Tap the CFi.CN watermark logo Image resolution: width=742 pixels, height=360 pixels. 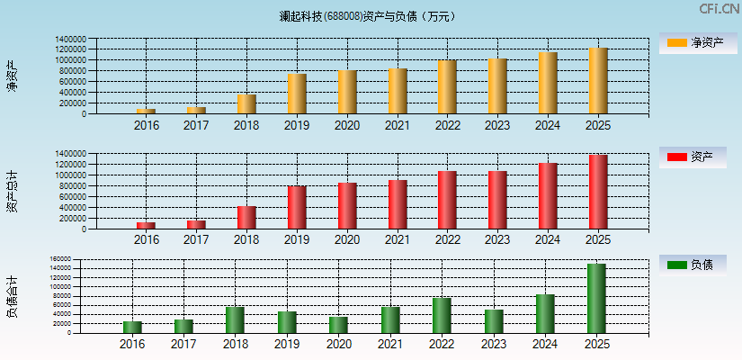[719, 9]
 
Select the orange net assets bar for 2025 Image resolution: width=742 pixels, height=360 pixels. [598, 81]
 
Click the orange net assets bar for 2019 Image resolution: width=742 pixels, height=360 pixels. [297, 94]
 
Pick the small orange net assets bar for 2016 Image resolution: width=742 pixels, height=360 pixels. [146, 112]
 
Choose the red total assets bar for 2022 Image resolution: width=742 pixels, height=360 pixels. [447, 200]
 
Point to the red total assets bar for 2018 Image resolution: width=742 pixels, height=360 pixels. [246, 218]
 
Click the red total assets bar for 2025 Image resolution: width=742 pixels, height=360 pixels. [598, 192]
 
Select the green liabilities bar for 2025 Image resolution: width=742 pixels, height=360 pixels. [596, 298]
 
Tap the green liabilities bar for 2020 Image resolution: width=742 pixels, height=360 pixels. [338, 324]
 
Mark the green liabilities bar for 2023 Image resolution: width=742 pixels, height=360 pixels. [494, 321]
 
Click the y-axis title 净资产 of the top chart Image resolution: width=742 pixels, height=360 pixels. [12, 76]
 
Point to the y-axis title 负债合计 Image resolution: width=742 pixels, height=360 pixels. [12, 296]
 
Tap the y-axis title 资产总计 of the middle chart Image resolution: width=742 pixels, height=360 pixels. [12, 191]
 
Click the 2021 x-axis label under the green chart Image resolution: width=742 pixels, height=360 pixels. [389, 344]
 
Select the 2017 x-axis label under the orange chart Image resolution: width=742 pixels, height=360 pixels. [196, 125]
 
